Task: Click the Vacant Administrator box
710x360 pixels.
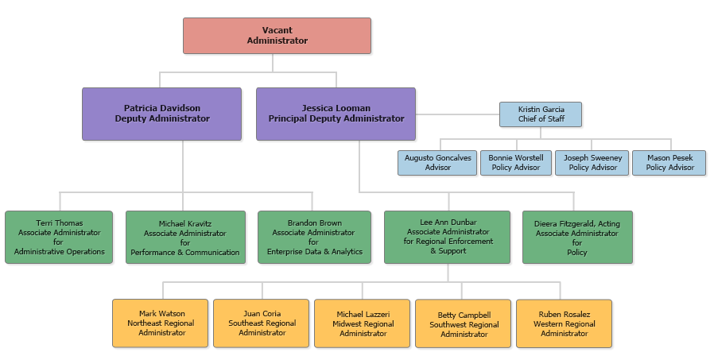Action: coord(277,36)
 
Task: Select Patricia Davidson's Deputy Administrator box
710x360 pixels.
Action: coord(161,114)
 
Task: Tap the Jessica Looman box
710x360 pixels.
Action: coord(336,114)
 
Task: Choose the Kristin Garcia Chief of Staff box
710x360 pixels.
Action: coord(541,114)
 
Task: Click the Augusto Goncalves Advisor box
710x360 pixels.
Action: coord(437,163)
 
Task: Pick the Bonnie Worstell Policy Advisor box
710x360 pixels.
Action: coord(515,163)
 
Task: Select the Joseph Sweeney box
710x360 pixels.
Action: coord(592,163)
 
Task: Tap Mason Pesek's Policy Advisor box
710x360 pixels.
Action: coord(669,163)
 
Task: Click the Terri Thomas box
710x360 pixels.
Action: coord(59,237)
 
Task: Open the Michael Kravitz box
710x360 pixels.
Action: coord(184,237)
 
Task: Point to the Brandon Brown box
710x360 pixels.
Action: coord(314,237)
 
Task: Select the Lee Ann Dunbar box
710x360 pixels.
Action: coord(448,237)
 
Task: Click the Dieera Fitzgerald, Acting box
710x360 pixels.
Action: coord(577,237)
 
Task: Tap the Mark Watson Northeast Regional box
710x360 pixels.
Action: coord(160,323)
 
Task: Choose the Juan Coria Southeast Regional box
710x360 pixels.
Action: coord(261,323)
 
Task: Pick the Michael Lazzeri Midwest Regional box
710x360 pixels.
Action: coord(363,323)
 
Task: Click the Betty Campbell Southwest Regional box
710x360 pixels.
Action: coord(464,323)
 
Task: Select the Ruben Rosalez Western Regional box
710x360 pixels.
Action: coord(564,323)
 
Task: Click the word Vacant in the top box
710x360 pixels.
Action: coord(277,30)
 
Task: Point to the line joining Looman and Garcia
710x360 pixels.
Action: coord(457,114)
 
